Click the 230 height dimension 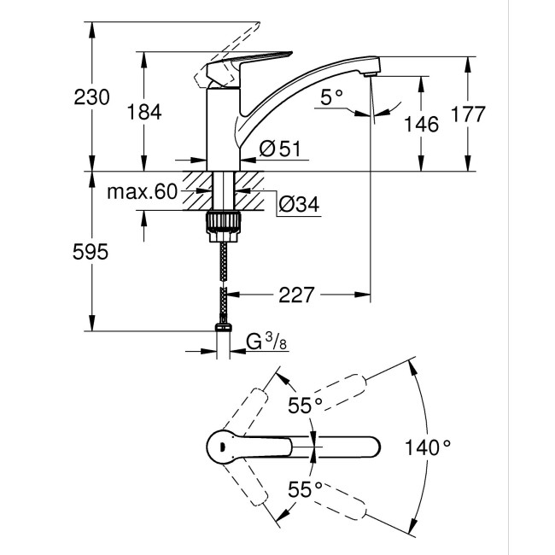pos(91,97)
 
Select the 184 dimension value pos(142,111)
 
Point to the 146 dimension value pos(421,125)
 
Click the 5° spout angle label pos(332,99)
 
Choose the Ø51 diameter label pos(278,149)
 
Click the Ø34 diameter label pos(298,205)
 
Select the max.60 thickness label pos(142,191)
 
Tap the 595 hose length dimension pos(91,252)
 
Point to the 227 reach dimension pos(296,295)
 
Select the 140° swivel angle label pos(429,446)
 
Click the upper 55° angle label pos(305,406)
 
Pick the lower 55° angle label pos(305,488)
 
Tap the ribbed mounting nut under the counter pos(224,222)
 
